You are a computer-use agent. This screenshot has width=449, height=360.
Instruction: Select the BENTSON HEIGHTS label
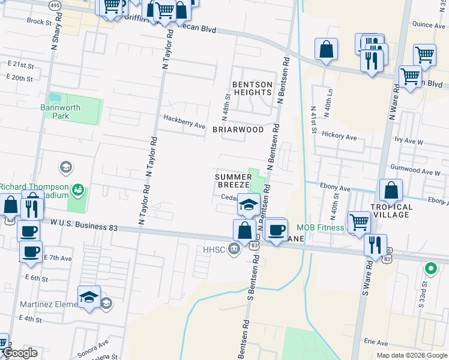coord(252,88)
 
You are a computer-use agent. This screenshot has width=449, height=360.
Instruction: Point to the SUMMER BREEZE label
coord(234,181)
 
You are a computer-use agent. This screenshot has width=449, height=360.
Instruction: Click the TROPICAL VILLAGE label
coord(391,211)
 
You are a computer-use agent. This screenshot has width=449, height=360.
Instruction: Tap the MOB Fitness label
coord(321,227)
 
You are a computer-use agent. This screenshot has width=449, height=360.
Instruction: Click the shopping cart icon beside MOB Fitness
coord(359,221)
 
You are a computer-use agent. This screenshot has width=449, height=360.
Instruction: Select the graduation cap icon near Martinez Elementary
coord(89,296)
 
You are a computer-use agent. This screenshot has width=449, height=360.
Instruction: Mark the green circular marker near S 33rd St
coord(430,268)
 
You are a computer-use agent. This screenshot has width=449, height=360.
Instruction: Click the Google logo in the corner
coord(20,353)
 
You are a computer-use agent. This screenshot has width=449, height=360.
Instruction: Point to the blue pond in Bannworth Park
coord(55,97)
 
